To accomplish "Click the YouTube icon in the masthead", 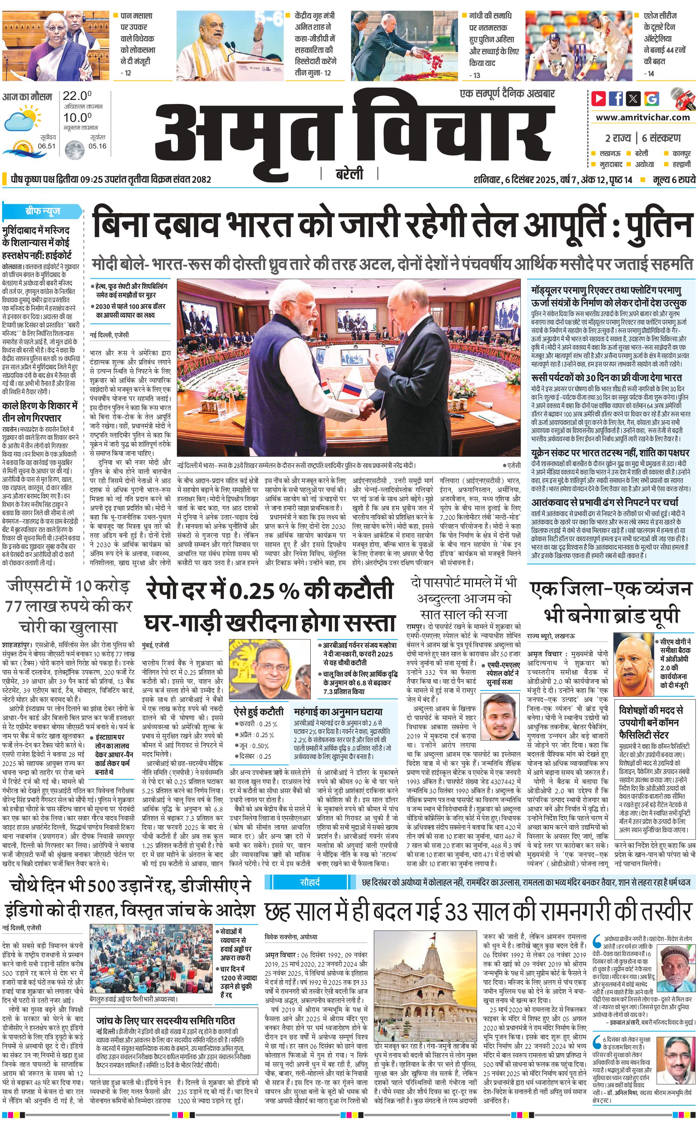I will pos(598,98).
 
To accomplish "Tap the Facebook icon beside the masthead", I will pos(616,98).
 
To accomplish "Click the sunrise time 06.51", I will pos(47,146).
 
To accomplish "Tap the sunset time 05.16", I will pos(97,146).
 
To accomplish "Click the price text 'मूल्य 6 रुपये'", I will pos(674,179).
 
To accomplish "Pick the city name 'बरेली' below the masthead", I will pos(349,174).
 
